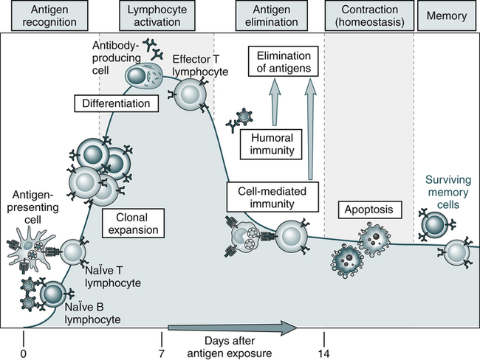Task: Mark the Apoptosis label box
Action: click(368, 210)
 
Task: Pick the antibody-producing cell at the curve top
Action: click(138, 75)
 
